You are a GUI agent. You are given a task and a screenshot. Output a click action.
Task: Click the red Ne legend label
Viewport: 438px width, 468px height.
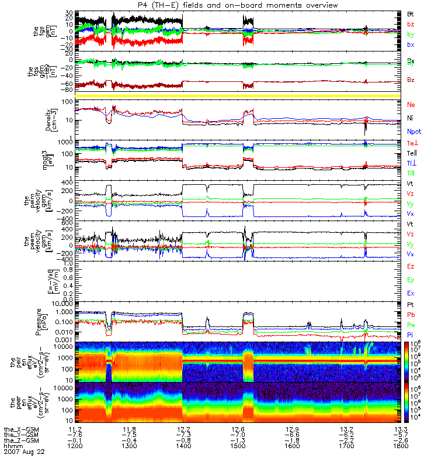(x=411, y=104)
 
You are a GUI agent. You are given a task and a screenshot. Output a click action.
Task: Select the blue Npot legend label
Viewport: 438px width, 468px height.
(x=413, y=132)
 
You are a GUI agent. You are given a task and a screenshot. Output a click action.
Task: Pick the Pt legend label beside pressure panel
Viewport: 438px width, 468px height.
(x=410, y=305)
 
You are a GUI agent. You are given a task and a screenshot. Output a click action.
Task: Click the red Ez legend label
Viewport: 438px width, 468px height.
(x=410, y=266)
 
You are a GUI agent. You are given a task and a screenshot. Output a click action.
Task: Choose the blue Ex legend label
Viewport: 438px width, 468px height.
(x=410, y=292)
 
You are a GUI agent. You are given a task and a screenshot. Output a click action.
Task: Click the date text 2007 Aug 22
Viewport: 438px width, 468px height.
(x=24, y=452)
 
